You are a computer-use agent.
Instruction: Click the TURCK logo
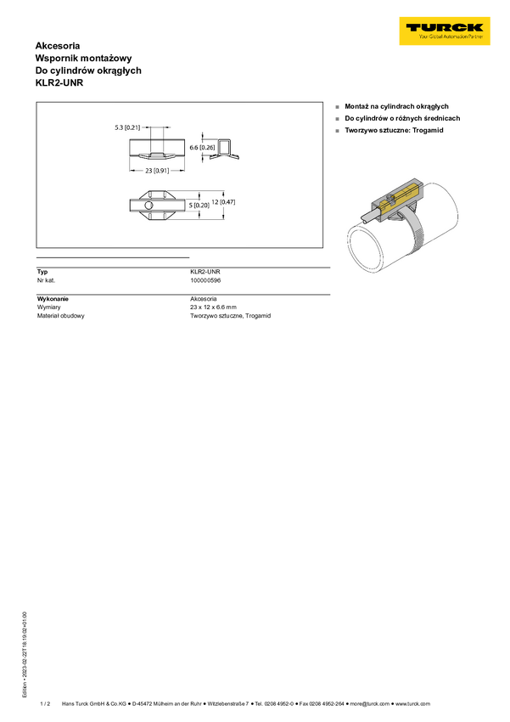coord(445,31)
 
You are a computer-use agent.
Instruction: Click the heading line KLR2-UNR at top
coord(59,83)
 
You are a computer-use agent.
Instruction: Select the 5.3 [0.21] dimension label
coord(127,127)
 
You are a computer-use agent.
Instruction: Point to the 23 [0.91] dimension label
coord(157,171)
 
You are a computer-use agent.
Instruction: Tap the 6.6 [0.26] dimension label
coord(202,147)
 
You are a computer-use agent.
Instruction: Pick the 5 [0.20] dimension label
coord(199,206)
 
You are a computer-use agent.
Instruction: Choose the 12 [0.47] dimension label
coord(223,201)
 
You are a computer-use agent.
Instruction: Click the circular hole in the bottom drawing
coord(148,205)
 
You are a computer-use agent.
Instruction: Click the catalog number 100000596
coord(205,280)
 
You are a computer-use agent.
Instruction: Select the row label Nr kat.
coord(46,280)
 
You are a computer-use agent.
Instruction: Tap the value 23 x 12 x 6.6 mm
coord(213,307)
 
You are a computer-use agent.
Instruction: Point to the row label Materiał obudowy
coord(61,316)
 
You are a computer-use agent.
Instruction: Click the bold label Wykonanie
coord(53,299)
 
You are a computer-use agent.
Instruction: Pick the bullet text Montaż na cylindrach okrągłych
coord(397,106)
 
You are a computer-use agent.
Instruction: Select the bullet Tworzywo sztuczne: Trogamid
coord(394,130)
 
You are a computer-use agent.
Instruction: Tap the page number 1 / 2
coord(45,703)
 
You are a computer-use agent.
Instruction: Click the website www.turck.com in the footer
coord(413,703)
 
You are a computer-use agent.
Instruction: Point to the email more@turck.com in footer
coord(370,703)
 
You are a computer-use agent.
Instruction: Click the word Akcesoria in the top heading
coord(58,46)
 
